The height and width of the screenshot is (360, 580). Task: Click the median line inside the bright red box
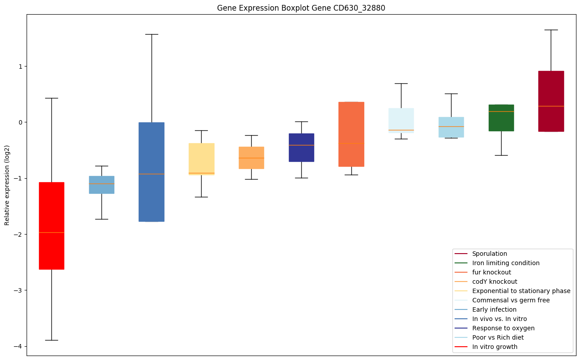click(51, 232)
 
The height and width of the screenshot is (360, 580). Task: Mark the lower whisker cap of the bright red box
click(51, 340)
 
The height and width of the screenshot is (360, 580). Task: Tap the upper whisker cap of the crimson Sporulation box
click(551, 30)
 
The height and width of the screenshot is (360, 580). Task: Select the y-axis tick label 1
click(19, 67)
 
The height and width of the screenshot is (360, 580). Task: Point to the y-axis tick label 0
click(19, 122)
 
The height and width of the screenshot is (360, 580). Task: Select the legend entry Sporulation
click(489, 254)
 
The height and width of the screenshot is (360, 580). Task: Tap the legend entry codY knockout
click(494, 282)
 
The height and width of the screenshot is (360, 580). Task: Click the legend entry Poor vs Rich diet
click(498, 337)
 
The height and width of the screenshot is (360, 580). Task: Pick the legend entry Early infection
click(494, 309)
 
